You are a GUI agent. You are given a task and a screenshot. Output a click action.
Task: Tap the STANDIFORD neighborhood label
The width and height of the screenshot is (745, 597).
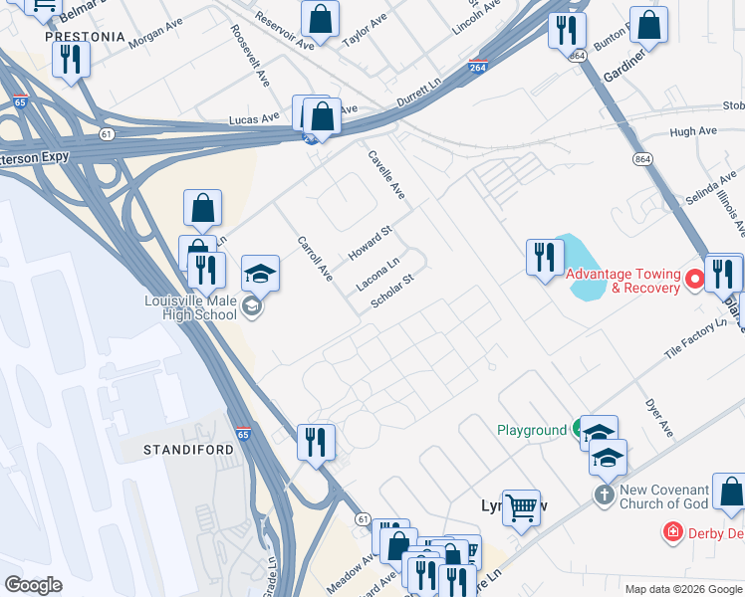[x=189, y=450]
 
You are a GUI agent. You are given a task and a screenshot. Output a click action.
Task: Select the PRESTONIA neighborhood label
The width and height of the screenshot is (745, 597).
[x=86, y=37]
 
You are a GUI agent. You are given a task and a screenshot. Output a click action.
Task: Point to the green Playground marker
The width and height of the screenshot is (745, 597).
[x=579, y=430]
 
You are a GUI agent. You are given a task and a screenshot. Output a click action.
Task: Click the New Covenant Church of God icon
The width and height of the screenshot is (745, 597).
[x=605, y=495]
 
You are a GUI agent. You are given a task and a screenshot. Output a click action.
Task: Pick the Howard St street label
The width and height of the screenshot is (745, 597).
[x=371, y=244]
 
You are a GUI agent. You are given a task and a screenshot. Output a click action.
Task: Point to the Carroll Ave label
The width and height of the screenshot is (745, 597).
[x=315, y=258]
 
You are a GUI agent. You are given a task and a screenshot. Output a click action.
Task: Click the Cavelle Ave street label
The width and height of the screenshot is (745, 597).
[x=386, y=172]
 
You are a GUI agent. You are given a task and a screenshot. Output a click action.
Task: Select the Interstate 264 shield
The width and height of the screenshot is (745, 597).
[x=478, y=67]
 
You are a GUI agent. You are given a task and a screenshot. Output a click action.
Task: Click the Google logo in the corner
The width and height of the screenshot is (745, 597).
[x=33, y=585]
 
